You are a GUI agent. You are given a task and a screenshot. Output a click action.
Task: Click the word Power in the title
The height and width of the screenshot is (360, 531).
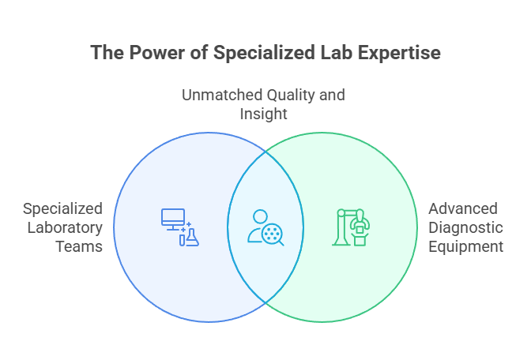[147, 53]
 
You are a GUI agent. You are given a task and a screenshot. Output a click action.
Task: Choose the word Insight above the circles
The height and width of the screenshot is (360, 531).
[263, 114]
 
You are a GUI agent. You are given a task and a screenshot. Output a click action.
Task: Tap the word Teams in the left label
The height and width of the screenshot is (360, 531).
[82, 247]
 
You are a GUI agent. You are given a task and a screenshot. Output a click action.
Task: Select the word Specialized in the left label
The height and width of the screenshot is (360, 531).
[62, 209]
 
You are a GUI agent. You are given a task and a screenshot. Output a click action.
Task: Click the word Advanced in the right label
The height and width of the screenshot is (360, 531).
[463, 209]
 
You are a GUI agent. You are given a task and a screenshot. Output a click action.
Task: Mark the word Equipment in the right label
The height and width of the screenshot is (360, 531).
[466, 247]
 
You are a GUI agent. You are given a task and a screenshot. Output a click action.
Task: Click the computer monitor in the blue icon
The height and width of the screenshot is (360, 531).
[173, 217]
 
